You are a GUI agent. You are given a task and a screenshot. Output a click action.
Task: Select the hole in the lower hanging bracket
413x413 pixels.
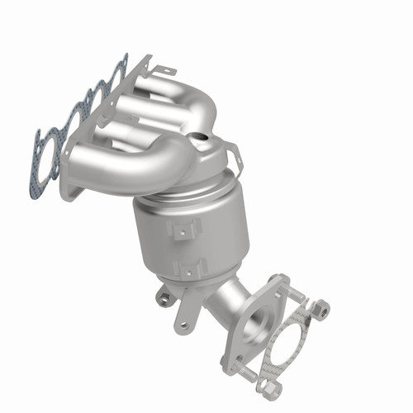coord(183,325)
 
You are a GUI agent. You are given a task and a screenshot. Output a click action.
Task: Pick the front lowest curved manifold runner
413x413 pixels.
coord(132,169)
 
